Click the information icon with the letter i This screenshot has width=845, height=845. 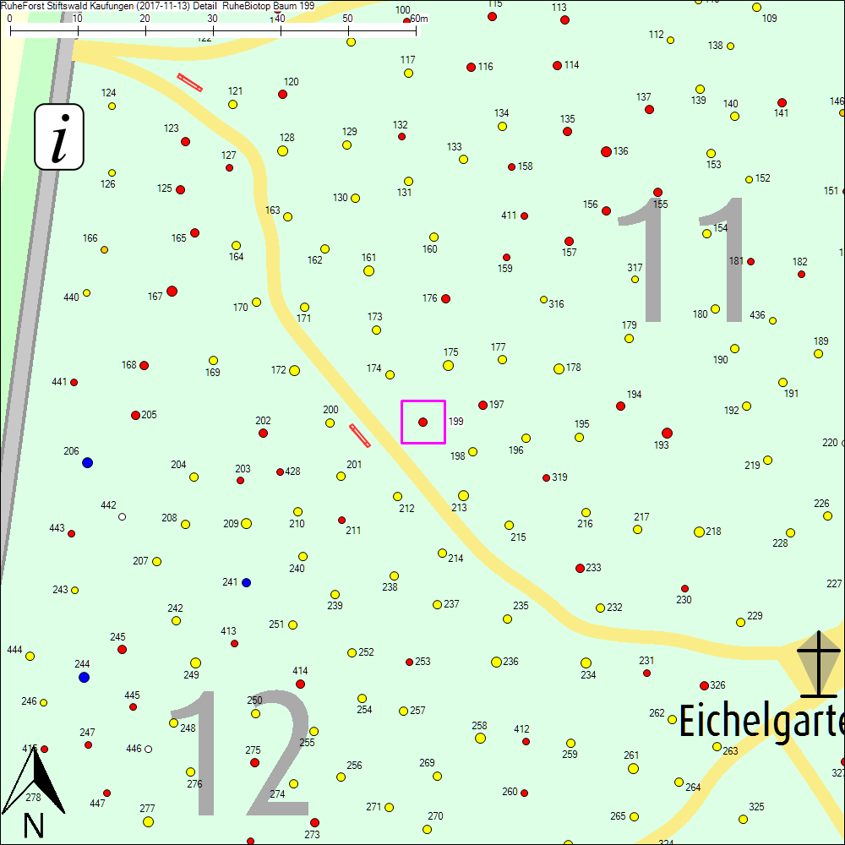click(x=59, y=136)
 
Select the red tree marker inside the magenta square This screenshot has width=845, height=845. click(x=422, y=422)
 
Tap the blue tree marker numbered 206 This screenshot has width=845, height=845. click(x=87, y=462)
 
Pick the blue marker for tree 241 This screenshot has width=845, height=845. click(x=246, y=582)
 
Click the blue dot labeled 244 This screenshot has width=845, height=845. click(x=84, y=677)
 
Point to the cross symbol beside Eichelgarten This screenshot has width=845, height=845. click(x=818, y=666)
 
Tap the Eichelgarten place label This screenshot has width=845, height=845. click(x=760, y=722)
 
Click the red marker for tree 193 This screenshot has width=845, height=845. click(x=667, y=433)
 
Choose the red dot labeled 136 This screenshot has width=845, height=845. click(x=606, y=151)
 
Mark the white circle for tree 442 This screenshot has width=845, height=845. click(x=122, y=516)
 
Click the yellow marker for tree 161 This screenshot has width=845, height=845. click(x=368, y=270)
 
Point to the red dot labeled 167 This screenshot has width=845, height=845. click(x=172, y=291)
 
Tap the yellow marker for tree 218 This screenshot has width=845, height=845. click(x=699, y=532)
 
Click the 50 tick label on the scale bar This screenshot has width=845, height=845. click(x=348, y=19)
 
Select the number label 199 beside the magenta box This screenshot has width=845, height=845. click(x=455, y=421)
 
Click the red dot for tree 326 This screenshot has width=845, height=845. click(x=704, y=685)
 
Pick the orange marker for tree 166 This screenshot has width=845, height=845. click(x=104, y=249)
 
